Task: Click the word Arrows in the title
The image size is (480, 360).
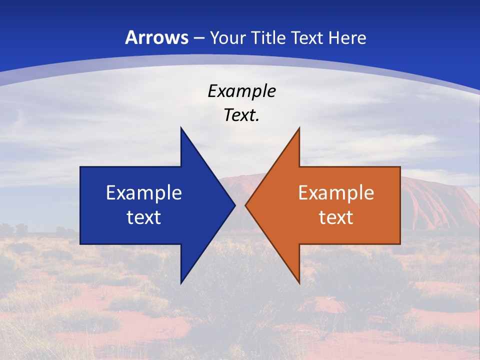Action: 157,37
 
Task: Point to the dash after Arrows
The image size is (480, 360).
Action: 198,38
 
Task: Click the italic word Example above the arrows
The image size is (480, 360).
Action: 242,91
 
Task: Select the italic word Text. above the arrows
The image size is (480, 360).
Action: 242,115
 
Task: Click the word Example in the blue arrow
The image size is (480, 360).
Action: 144,192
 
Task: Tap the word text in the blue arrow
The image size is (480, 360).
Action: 144,217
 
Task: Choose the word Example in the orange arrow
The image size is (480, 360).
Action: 336,192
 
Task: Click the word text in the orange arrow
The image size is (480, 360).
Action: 336,217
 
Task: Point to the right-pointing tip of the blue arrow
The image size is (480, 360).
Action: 234,205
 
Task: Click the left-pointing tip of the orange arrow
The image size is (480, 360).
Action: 246,205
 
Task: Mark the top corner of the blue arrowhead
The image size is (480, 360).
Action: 181,128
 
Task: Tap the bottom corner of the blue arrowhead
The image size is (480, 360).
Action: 181,282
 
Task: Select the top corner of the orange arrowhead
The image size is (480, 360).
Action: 299,128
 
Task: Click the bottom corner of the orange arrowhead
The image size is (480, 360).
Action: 299,282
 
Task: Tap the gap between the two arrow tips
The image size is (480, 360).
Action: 240,205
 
